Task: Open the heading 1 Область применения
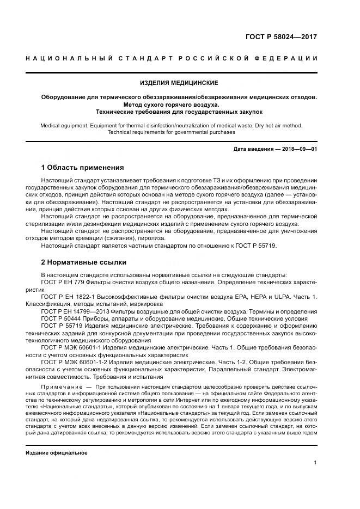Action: point(83,167)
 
